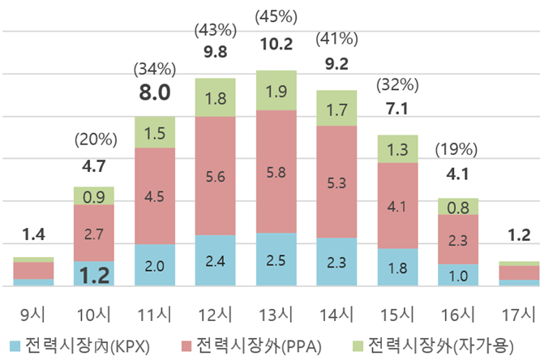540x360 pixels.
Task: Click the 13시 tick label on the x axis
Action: coord(276,312)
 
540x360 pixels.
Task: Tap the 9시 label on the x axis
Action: coord(33,312)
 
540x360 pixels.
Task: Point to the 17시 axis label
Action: coord(519,312)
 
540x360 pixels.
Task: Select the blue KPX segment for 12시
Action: coord(216,260)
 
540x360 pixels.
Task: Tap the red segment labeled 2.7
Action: coord(94,234)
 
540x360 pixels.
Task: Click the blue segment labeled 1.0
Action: coord(459,274)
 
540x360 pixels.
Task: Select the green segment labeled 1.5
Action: coord(155,132)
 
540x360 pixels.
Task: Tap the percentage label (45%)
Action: coord(276,15)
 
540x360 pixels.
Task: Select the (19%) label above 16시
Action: coord(458,149)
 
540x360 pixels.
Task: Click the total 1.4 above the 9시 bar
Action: coord(33,236)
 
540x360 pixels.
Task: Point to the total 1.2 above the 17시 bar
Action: coord(519,236)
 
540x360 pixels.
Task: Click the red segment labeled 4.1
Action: coord(398,206)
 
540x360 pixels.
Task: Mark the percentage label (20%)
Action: coord(94,139)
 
